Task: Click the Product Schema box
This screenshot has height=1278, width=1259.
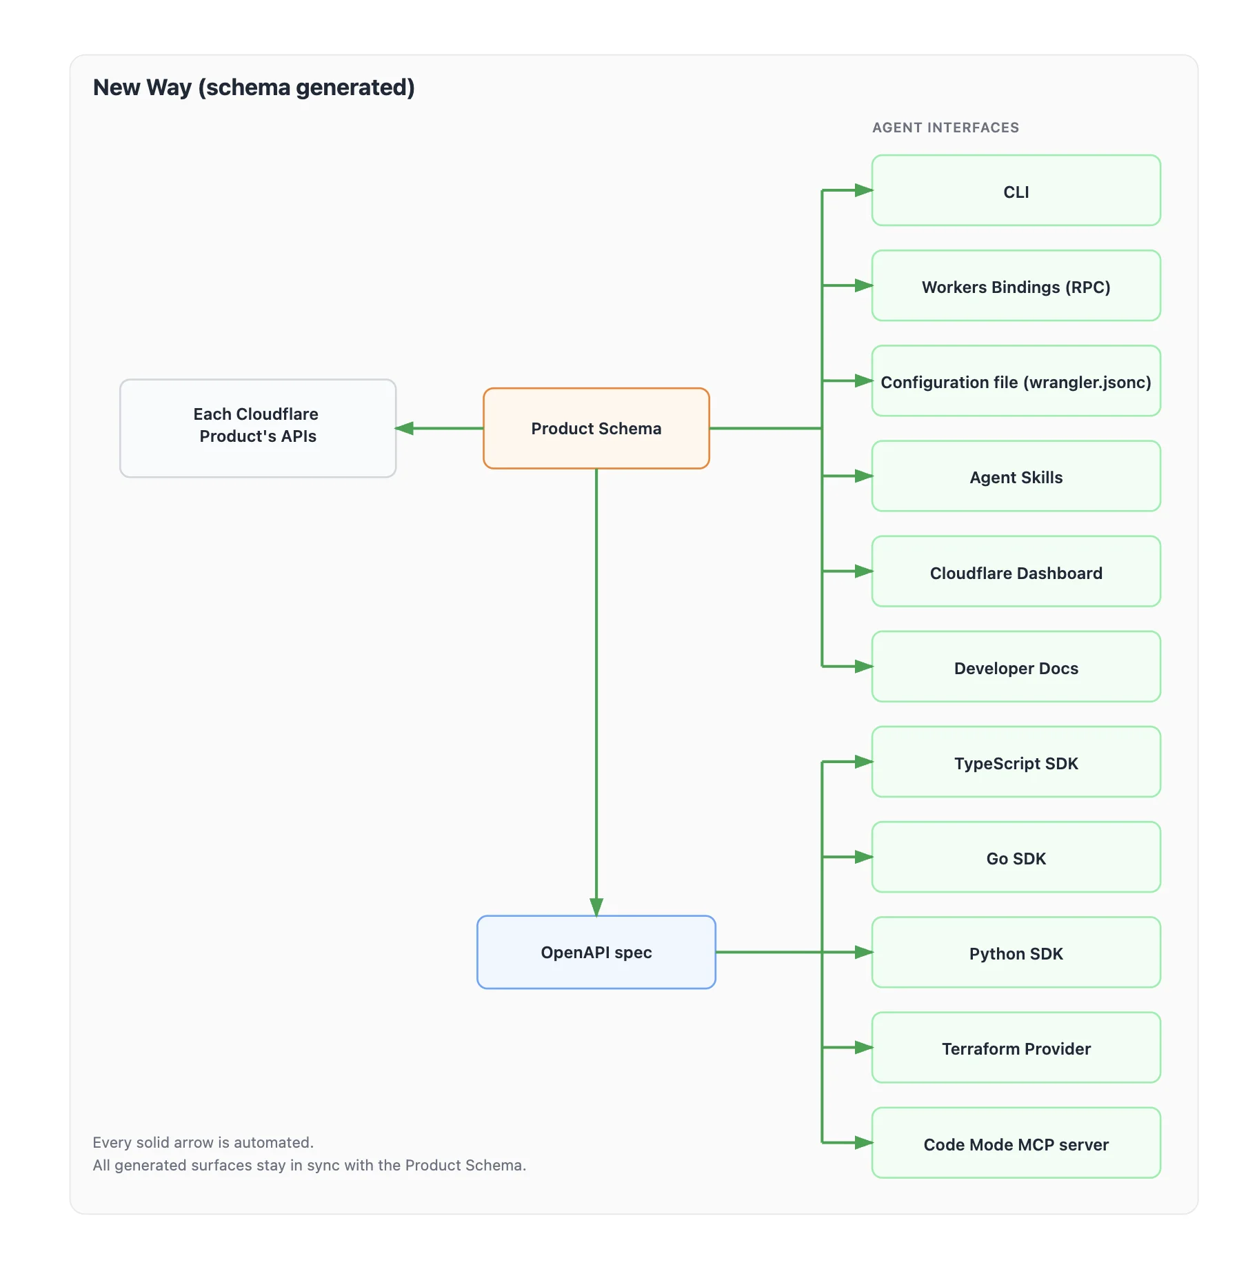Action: (x=596, y=428)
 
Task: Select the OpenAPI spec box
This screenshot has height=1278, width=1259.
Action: (x=596, y=952)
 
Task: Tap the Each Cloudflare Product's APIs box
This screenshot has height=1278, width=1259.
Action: (x=257, y=428)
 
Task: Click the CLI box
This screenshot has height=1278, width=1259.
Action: (x=1016, y=191)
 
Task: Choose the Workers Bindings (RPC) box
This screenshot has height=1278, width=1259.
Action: (x=1016, y=286)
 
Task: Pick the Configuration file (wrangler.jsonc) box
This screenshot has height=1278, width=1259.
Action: (x=1016, y=381)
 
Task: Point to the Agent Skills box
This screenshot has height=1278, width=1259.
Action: (x=1016, y=476)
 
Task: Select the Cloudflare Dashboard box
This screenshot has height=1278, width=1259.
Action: (x=1016, y=572)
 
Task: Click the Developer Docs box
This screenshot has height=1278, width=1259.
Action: (x=1016, y=667)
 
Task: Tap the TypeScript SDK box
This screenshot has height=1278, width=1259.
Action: (x=1016, y=762)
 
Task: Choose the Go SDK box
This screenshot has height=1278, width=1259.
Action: (x=1016, y=858)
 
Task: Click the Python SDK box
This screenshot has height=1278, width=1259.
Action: (x=1016, y=953)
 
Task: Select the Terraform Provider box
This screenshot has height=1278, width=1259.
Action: (x=1016, y=1048)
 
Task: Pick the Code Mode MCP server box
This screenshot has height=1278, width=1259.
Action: (x=1016, y=1144)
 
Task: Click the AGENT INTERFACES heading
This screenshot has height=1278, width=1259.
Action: (x=945, y=128)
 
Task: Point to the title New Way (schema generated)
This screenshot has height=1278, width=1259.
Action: (x=254, y=88)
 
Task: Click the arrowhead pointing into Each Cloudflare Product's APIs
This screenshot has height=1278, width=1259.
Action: (x=405, y=428)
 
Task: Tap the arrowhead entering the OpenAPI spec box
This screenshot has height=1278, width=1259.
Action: (x=596, y=906)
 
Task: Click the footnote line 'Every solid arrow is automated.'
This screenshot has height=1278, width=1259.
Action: (x=203, y=1142)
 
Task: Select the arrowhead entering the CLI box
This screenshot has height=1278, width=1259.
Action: (x=863, y=190)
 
